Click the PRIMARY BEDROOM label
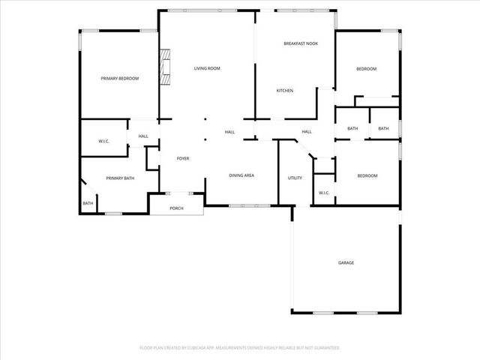119,78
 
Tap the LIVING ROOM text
207,69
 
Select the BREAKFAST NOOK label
300,44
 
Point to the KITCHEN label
284,91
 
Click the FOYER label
182,159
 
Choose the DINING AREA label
241,175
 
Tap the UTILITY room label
295,178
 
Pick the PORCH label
176,208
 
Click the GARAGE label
346,262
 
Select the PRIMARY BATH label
120,178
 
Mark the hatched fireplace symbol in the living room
163,69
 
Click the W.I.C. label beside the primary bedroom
104,142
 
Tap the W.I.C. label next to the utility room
324,193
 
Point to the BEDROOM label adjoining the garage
367,175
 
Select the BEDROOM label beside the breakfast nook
366,69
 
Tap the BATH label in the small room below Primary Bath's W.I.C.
88,203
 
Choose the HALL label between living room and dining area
230,132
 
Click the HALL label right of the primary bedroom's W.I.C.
143,136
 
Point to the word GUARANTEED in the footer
326,348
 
